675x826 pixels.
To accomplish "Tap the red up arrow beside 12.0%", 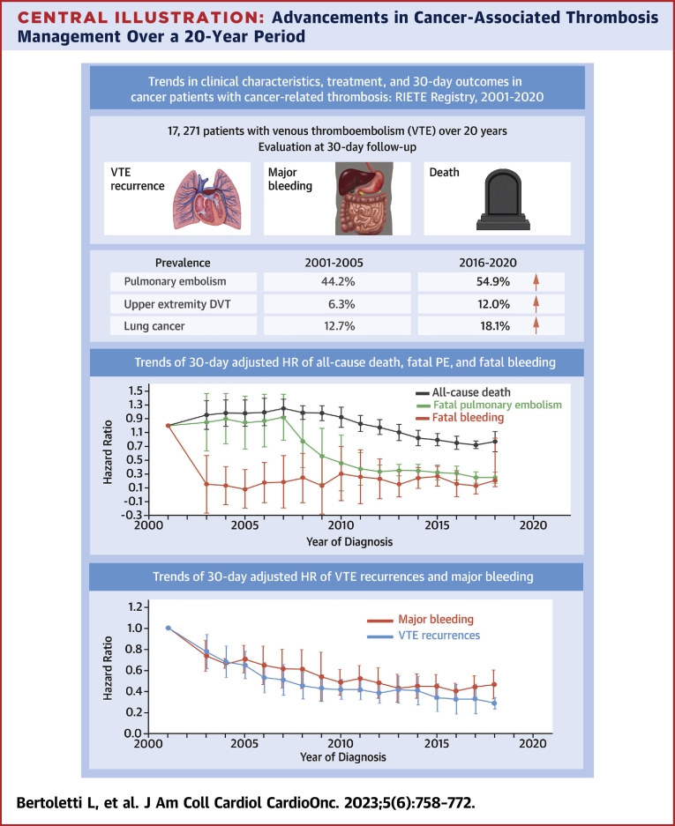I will tap(536, 304).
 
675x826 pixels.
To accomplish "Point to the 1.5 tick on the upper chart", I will tap(135, 391).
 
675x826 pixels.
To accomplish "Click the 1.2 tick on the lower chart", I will tap(135, 606).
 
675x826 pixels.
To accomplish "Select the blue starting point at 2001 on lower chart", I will tap(168, 628).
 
